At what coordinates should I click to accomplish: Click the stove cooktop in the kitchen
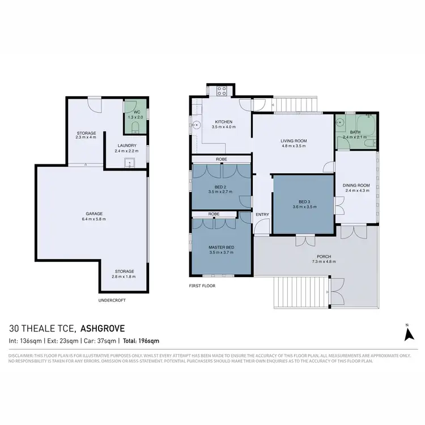coord(220,90)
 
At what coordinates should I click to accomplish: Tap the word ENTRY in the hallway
coord(262,214)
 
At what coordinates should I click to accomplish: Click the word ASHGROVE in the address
coord(103,328)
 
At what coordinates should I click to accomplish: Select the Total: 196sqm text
coord(139,341)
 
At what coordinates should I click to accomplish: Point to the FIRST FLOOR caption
coord(202,286)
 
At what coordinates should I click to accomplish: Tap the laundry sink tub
coord(129,164)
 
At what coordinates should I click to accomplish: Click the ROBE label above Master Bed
coord(214,214)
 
